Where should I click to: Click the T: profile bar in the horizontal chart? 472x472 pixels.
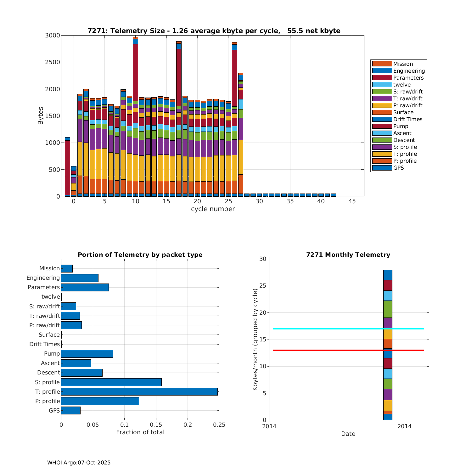pyautogui.click(x=139, y=391)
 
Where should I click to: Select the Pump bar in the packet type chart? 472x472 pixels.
pyautogui.click(x=87, y=354)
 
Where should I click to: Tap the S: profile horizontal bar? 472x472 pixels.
pyautogui.click(x=111, y=382)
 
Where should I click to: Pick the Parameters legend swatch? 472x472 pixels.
pyautogui.click(x=382, y=78)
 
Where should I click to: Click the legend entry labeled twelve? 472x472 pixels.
pyautogui.click(x=402, y=85)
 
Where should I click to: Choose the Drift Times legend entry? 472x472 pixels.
pyautogui.click(x=407, y=119)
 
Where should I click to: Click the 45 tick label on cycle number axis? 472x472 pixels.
pyautogui.click(x=352, y=201)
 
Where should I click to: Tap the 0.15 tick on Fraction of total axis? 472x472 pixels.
pyautogui.click(x=156, y=425)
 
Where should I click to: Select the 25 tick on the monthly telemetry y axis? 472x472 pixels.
pyautogui.click(x=263, y=286)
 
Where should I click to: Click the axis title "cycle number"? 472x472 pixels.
pyautogui.click(x=213, y=209)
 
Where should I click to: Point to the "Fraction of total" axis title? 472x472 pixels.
pyautogui.click(x=140, y=432)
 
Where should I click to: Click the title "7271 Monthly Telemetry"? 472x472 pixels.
pyautogui.click(x=348, y=255)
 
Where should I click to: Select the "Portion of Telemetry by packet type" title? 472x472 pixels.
pyautogui.click(x=140, y=255)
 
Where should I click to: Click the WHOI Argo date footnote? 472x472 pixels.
pyautogui.click(x=79, y=463)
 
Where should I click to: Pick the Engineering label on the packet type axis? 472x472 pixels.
pyautogui.click(x=43, y=278)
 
